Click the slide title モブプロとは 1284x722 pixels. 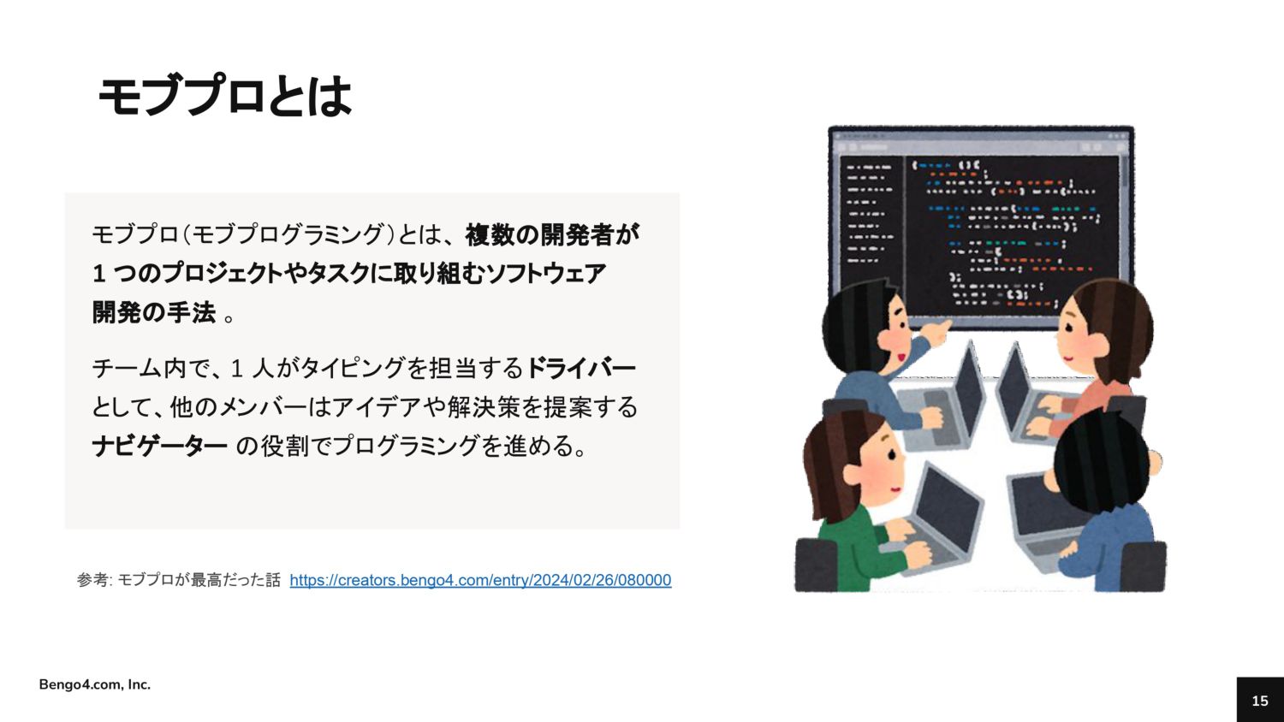coord(224,96)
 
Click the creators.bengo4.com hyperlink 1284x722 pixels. coord(480,581)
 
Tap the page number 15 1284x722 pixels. coord(1260,701)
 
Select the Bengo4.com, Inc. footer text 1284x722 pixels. coord(94,684)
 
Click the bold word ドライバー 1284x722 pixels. coord(580,368)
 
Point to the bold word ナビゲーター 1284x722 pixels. coord(159,446)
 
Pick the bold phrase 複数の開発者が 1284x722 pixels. coord(552,235)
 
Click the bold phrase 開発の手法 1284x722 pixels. coord(153,313)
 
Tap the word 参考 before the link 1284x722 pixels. coord(92,581)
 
